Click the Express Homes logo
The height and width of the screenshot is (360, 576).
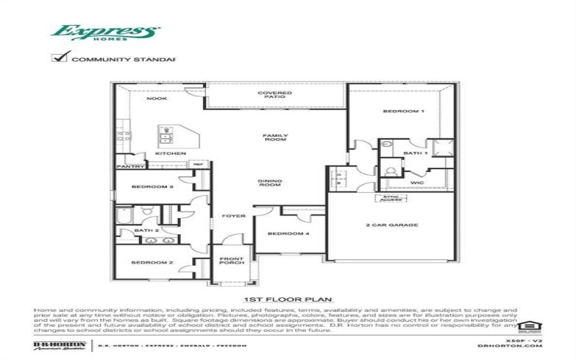click(105, 33)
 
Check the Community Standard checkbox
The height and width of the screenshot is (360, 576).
click(59, 58)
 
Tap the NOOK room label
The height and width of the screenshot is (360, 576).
click(157, 99)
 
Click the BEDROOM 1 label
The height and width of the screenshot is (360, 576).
click(402, 112)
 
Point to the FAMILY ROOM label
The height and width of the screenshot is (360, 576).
click(275, 138)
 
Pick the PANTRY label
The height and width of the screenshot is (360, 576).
click(131, 167)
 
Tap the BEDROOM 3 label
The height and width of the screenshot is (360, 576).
click(152, 186)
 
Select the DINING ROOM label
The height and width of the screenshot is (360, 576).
click(270, 184)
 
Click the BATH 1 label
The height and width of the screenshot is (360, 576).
click(415, 153)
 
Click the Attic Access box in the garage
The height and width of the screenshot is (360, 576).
click(389, 197)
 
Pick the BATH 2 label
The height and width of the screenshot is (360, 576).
click(141, 231)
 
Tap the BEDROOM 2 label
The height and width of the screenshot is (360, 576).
click(152, 264)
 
